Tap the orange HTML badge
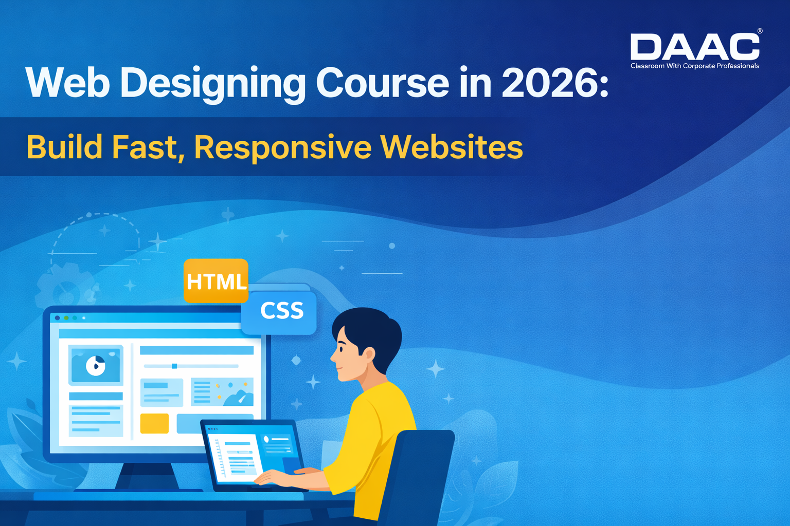216,280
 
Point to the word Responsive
283,148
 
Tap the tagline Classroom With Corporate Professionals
694,66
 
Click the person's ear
368,354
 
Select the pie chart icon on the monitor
96,366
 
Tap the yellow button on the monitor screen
154,423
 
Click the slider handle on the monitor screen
174,366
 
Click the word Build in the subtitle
65,147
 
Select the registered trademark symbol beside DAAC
760,31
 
